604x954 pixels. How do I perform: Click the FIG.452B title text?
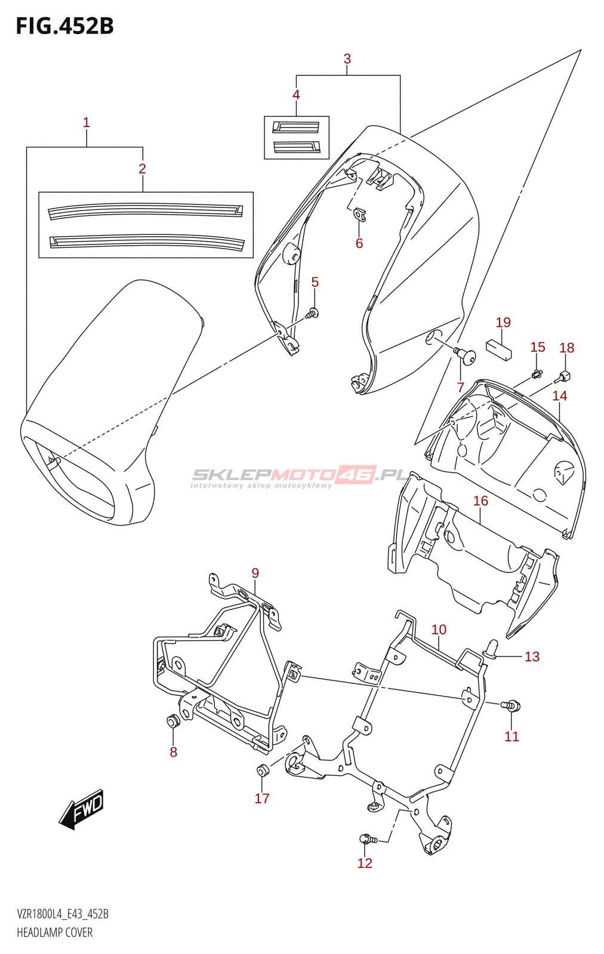coord(65,26)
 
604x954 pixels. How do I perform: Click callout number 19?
coord(503,322)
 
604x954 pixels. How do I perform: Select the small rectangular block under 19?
coord(499,349)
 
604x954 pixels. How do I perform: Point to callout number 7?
coord(460,387)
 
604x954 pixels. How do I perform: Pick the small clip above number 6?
coord(359,215)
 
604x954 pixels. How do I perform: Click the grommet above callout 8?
coord(172,721)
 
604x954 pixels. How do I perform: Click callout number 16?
coord(480,501)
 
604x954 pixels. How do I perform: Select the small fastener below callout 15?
coord(537,374)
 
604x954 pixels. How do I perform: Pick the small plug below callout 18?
coord(563,376)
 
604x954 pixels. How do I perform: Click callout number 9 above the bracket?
coord(255,573)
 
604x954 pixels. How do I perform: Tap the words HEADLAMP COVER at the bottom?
coord(54,933)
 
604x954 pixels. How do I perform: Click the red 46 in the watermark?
coord(355,475)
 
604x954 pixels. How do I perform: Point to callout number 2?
coord(143,169)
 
